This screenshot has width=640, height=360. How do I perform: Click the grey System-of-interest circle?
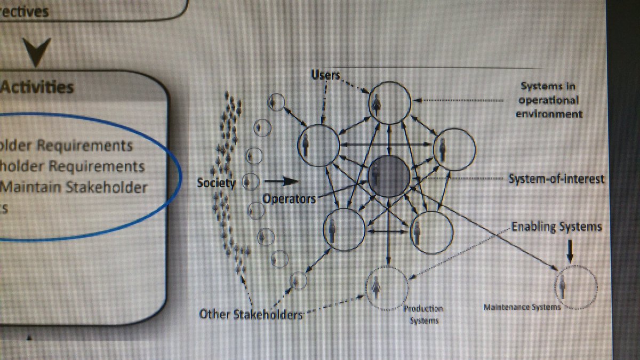pyautogui.click(x=389, y=176)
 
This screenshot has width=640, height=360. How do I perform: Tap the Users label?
pyautogui.click(x=325, y=75)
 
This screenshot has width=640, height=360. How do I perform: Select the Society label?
pyautogui.click(x=216, y=183)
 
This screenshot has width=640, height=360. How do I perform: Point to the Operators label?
pyautogui.click(x=289, y=198)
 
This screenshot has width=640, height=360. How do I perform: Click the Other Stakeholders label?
pyautogui.click(x=251, y=314)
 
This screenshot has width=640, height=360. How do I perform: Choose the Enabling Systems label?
pyautogui.click(x=556, y=227)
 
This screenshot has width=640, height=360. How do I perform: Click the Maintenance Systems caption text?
pyautogui.click(x=522, y=308)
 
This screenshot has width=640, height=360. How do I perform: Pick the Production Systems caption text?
pyautogui.click(x=423, y=314)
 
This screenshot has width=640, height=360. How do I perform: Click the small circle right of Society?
pyautogui.click(x=248, y=182)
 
